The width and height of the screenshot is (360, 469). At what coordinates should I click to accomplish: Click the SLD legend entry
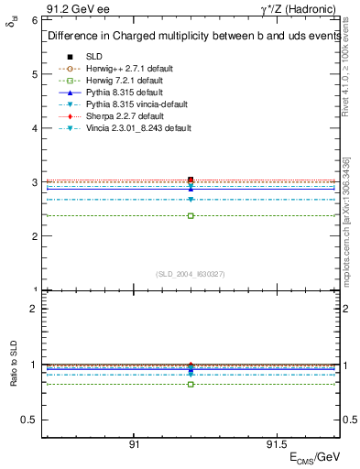tap(94, 57)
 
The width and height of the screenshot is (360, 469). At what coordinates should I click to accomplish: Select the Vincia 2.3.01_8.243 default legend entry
tap(138, 128)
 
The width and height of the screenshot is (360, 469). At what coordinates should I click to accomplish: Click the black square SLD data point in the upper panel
tap(191, 180)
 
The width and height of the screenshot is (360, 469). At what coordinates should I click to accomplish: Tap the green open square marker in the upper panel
tap(191, 216)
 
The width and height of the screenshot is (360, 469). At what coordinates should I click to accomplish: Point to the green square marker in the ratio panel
tap(191, 384)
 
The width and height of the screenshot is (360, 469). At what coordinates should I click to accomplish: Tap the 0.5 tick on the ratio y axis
tap(29, 420)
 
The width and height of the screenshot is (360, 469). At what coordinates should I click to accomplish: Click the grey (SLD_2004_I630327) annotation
tap(191, 274)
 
